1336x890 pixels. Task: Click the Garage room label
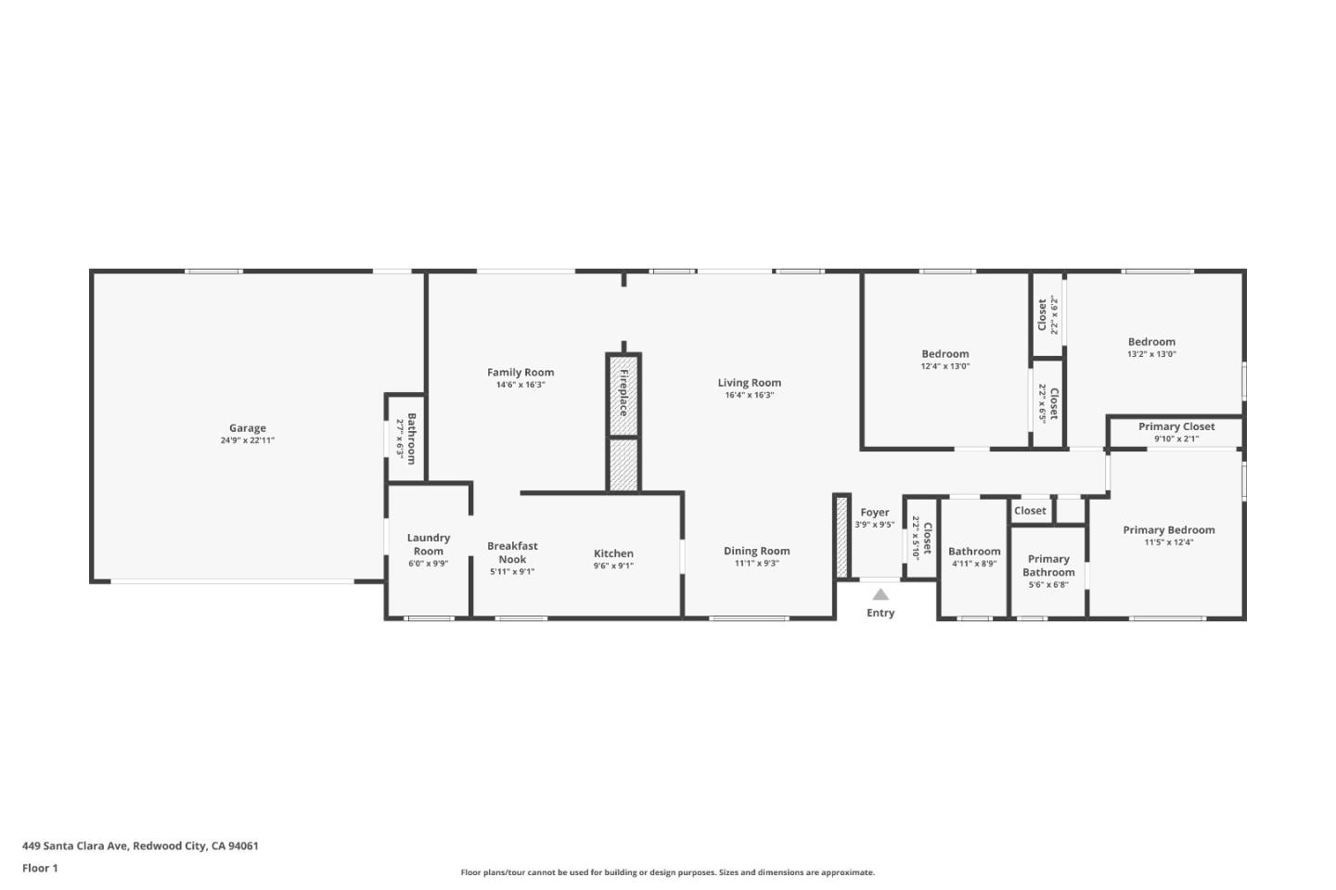(248, 428)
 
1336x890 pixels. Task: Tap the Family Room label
(520, 373)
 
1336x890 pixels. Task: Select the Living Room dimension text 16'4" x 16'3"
(749, 395)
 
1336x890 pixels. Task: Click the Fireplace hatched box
(623, 394)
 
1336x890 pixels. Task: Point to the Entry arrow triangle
(880, 595)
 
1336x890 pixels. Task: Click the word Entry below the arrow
(880, 613)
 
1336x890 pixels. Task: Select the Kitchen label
(613, 553)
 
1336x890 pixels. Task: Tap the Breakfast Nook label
(512, 553)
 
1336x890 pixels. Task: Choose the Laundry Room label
(428, 544)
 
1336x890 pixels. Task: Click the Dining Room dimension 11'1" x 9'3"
(756, 563)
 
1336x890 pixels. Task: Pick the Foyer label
(874, 513)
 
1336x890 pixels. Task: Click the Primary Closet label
(1176, 426)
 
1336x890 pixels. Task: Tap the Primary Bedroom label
(1168, 530)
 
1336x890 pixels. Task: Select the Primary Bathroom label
(1048, 566)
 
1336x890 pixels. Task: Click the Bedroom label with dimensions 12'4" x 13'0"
(944, 354)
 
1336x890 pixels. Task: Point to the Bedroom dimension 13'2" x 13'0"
(1151, 354)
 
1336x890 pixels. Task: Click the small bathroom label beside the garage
(411, 439)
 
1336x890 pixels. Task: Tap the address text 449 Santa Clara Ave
(140, 845)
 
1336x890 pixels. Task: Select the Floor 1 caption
(40, 869)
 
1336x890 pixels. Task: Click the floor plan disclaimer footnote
(667, 872)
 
